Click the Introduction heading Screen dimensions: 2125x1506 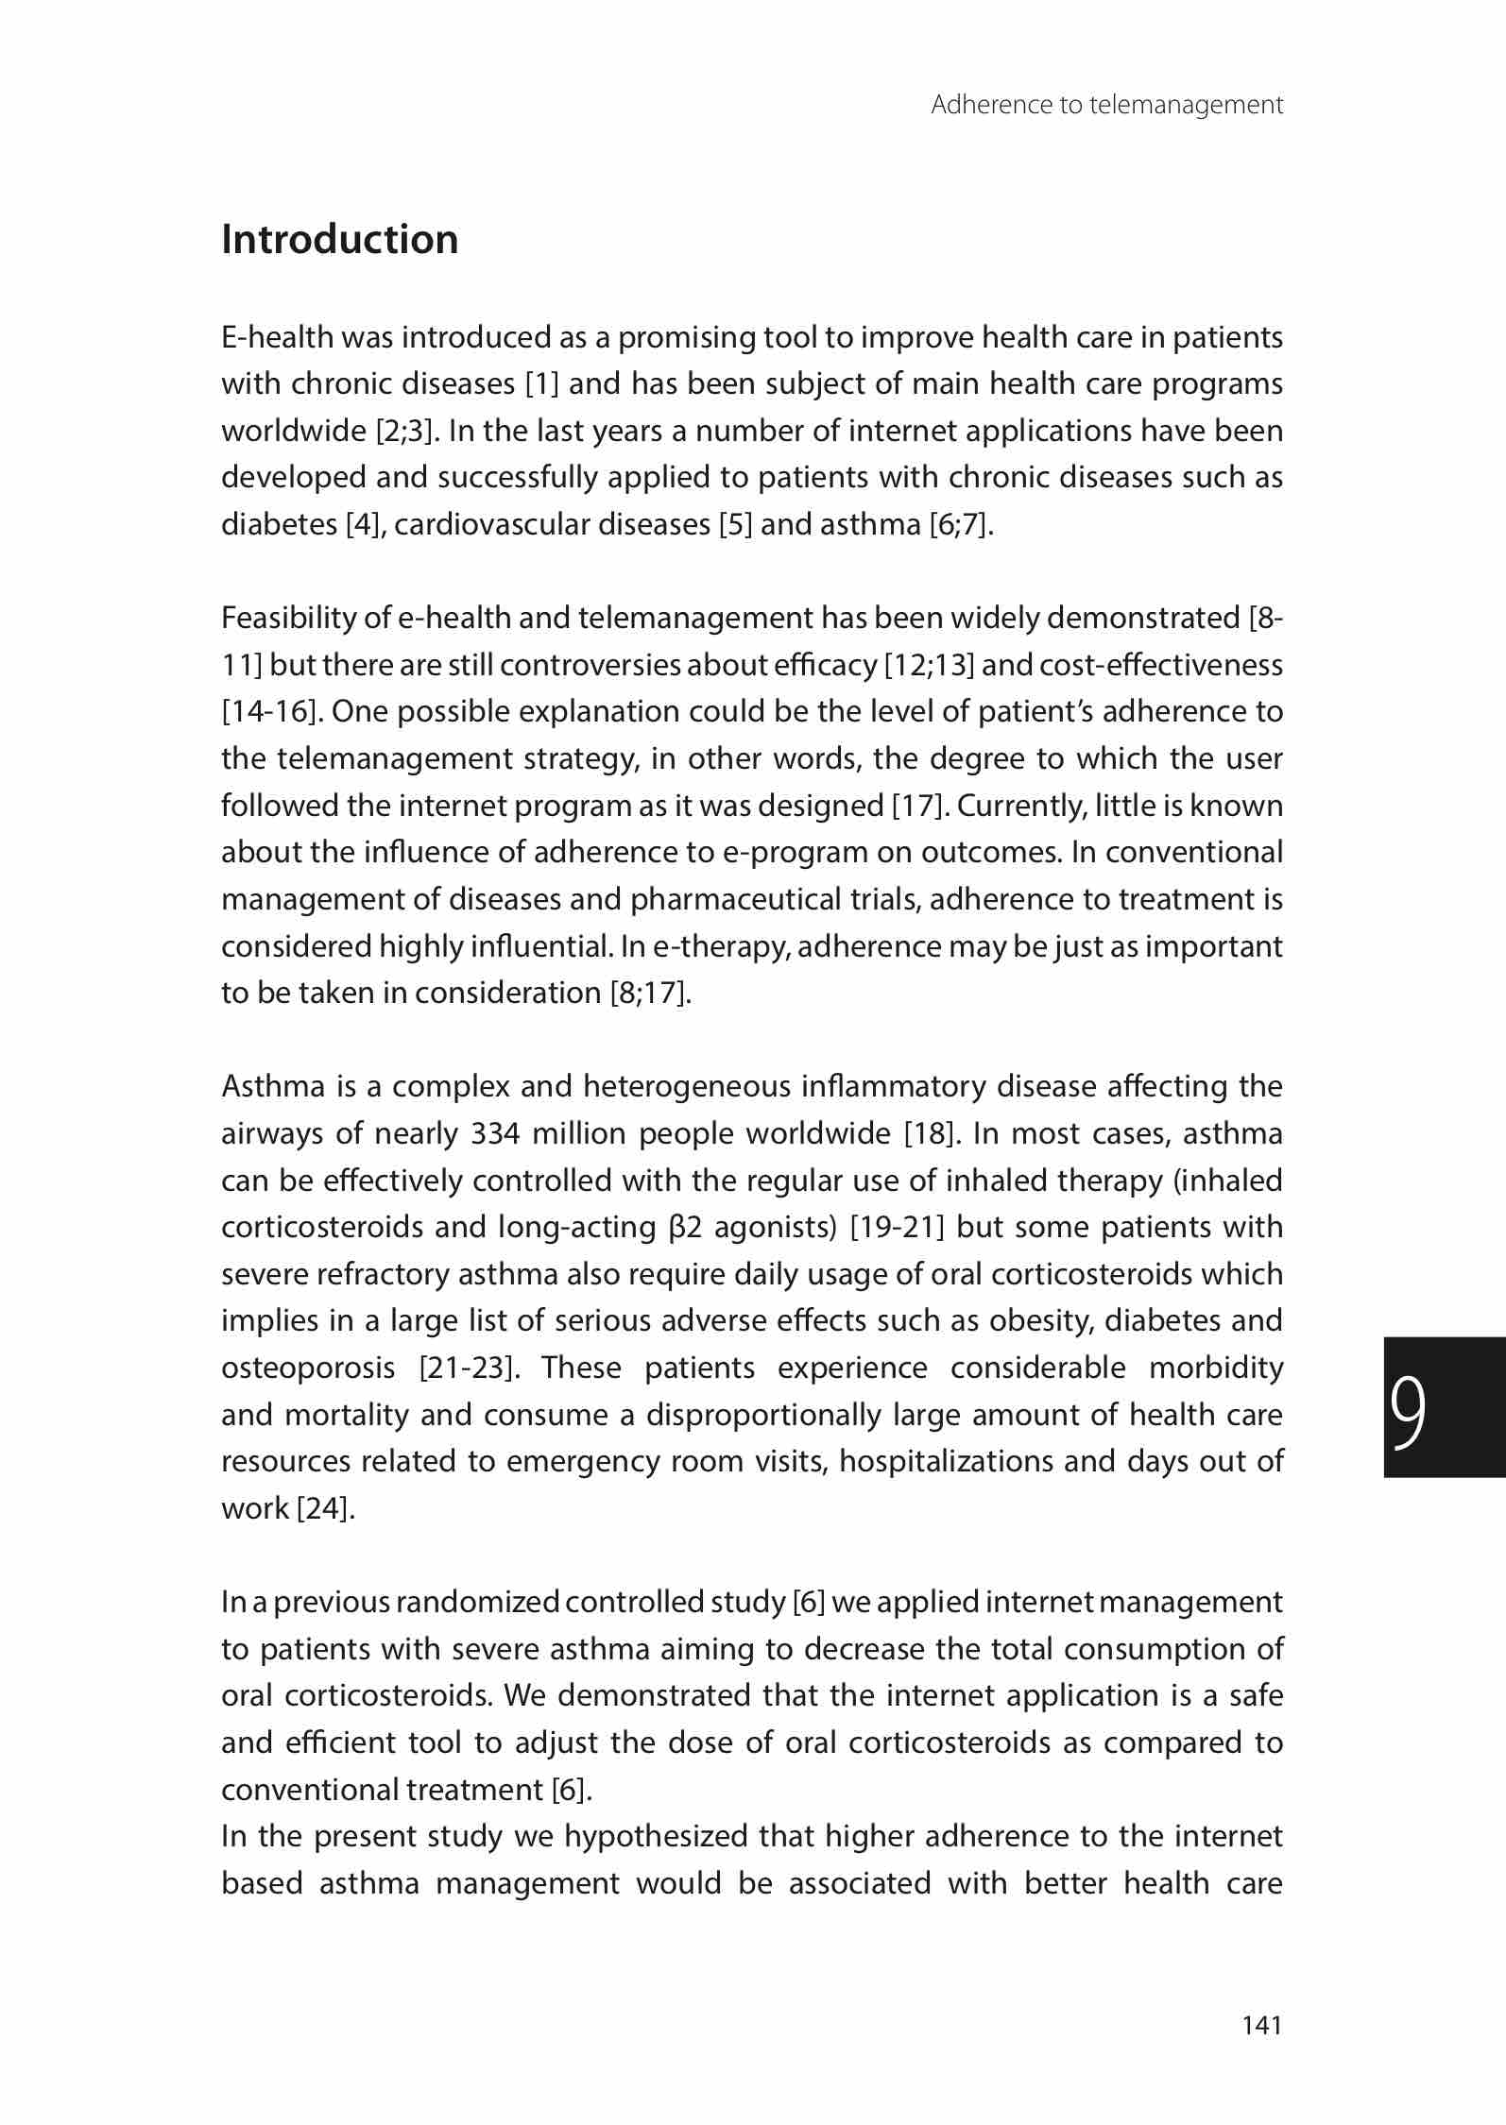point(339,240)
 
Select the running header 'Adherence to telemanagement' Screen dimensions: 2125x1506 point(1106,105)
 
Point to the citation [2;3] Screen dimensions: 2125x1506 point(407,431)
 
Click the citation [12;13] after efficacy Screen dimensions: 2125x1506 point(929,666)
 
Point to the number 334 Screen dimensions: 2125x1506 point(495,1133)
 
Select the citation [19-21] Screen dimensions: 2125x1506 point(898,1228)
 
